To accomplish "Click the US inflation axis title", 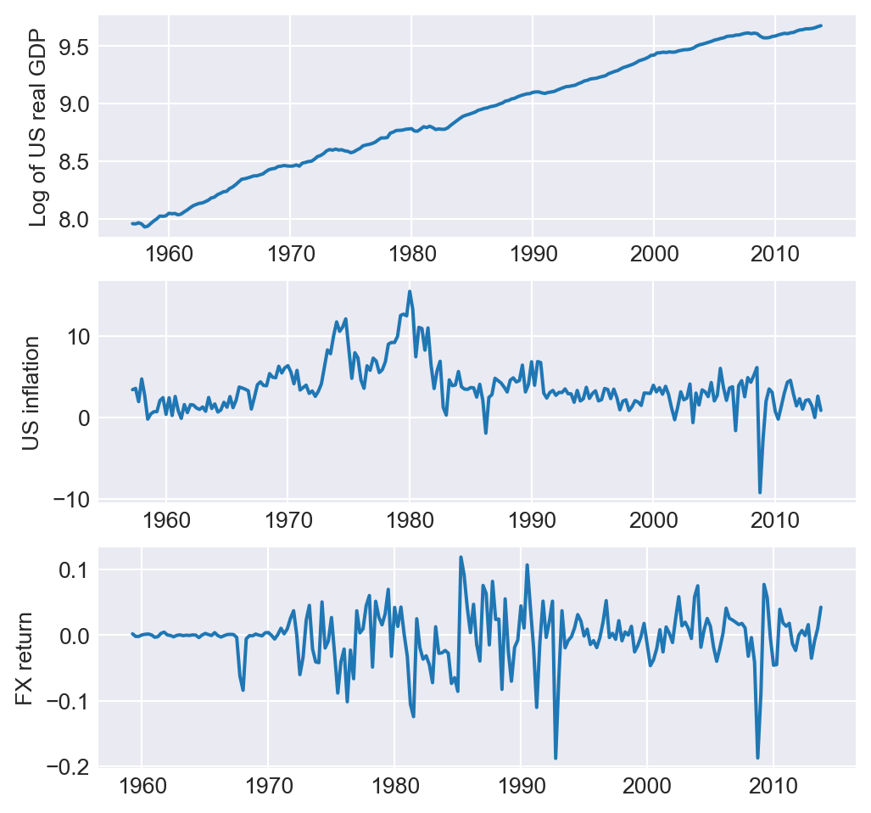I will click(x=31, y=393).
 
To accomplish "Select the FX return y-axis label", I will click(x=25, y=659).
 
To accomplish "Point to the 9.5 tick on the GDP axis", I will click(x=73, y=46).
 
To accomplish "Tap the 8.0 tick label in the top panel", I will click(x=73, y=219).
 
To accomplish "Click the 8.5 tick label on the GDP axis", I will click(x=73, y=161).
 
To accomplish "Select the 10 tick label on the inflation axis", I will click(x=78, y=337).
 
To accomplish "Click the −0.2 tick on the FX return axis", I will click(x=66, y=766).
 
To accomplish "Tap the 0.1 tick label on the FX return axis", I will click(x=74, y=570).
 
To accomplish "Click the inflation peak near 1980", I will click(x=410, y=292).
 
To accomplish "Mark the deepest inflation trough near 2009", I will click(x=760, y=492).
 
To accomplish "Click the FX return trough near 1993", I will click(x=556, y=758).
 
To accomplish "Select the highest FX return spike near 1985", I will click(x=461, y=558).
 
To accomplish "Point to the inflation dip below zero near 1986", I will click(x=486, y=433).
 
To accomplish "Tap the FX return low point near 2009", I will click(x=757, y=758).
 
